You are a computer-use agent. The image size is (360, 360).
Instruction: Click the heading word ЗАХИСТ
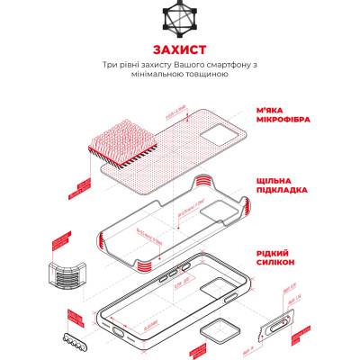[179, 48]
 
